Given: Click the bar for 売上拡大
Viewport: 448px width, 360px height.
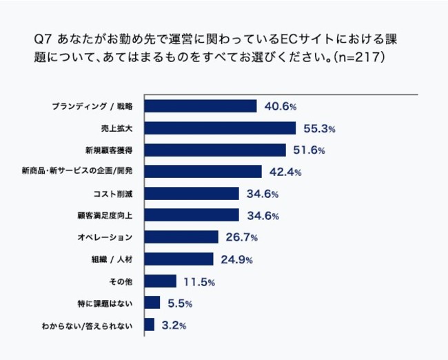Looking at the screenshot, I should pos(220,128).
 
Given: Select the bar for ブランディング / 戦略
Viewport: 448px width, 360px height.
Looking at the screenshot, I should pos(201,106).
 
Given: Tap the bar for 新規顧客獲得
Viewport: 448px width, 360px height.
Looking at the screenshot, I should pos(215,150).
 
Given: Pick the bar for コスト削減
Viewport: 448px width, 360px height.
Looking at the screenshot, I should pos(192,193).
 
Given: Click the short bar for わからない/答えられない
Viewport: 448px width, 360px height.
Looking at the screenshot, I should pos(150,324).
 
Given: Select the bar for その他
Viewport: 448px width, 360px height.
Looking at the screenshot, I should pos(161,281).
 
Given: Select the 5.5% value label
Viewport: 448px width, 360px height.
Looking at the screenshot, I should pos(179,303).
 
